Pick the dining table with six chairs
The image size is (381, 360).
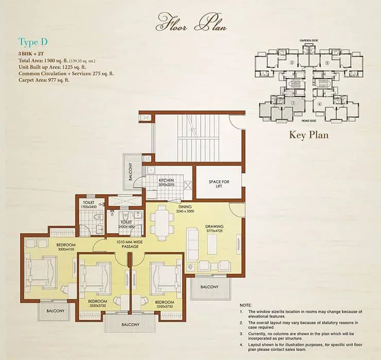pos(162,223)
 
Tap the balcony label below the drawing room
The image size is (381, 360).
pos(209,286)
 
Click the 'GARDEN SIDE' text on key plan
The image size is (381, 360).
pos(310,40)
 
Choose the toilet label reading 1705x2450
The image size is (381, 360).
pos(89,205)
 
